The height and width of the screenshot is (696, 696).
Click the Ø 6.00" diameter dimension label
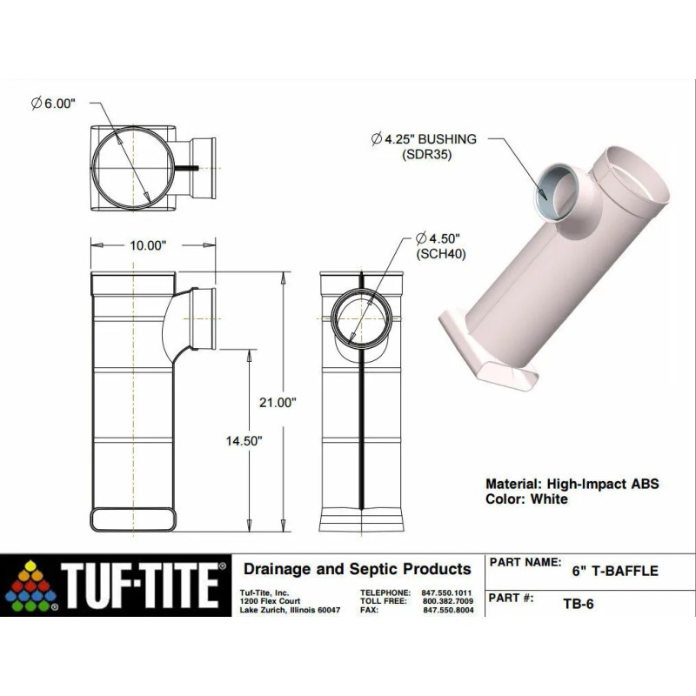pos(54,103)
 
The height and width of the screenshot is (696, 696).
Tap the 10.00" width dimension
pos(147,245)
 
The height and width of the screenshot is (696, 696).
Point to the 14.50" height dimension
pos(244,440)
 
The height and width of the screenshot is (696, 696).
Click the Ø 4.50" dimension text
pos(437,238)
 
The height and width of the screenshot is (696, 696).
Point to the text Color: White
pos(525,499)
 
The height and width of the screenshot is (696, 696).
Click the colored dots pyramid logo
pos(32,584)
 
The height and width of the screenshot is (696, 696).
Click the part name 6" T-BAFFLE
pos(614,572)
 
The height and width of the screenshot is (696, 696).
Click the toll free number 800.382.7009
pos(447,601)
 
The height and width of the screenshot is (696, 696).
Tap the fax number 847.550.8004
pos(447,611)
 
